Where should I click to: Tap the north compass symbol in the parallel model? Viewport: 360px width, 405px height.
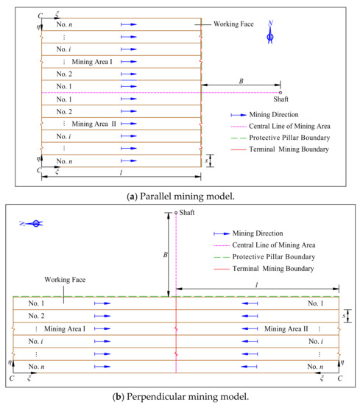(270, 34)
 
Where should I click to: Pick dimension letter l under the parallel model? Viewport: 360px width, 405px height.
(121, 172)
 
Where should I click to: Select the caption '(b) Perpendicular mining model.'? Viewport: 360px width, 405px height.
(180, 397)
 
